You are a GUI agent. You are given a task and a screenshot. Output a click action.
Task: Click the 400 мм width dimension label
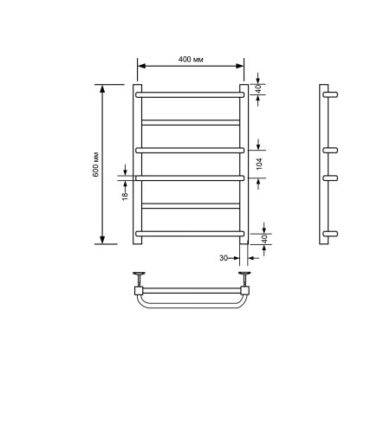[191, 59]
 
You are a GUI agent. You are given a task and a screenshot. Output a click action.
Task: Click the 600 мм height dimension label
[95, 165]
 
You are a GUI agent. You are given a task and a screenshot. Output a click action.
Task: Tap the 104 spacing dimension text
[259, 162]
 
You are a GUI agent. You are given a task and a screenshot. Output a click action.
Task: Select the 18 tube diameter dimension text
[125, 196]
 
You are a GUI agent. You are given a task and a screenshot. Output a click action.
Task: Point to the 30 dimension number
[223, 258]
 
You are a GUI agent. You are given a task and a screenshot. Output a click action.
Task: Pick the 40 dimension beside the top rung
[259, 88]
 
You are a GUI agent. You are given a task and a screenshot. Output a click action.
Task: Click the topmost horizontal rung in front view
[190, 94]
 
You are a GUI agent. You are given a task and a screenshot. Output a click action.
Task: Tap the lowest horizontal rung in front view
[190, 233]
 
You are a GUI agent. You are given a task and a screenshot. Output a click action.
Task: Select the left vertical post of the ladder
[137, 164]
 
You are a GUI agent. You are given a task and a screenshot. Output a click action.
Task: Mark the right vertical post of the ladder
[244, 164]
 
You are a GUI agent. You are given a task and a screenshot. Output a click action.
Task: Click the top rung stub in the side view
[331, 94]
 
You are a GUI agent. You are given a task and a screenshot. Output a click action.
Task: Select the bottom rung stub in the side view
[331, 234]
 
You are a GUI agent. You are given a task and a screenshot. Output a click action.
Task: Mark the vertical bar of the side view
[323, 164]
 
